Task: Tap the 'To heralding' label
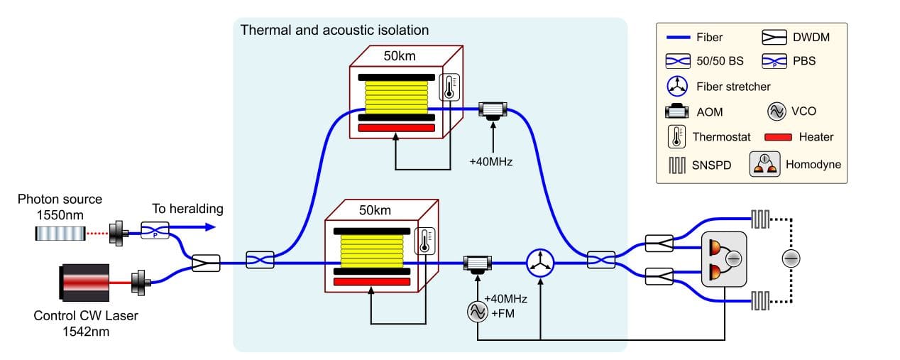click(x=187, y=209)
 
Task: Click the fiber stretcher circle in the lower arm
click(x=540, y=262)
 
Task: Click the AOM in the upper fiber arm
click(x=492, y=111)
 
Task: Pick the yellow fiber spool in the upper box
click(x=396, y=94)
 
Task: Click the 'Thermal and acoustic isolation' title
click(x=334, y=31)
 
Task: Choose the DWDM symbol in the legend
click(x=778, y=36)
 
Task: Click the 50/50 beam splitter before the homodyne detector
click(x=600, y=262)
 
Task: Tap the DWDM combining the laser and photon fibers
click(x=206, y=263)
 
